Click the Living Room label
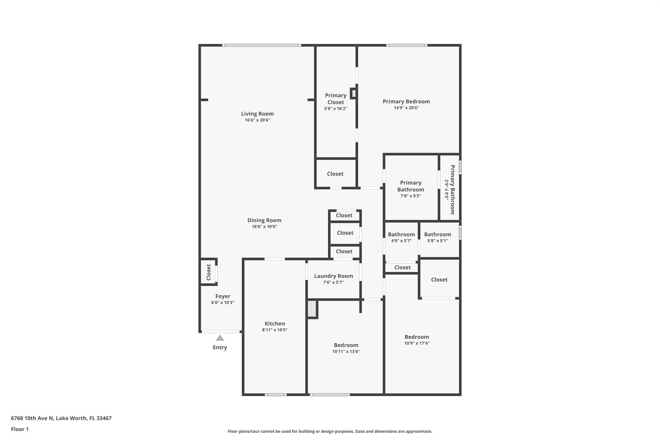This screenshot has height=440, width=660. point(257,114)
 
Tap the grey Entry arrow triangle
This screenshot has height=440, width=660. point(220,338)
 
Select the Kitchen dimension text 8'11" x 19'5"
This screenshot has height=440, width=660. point(275,330)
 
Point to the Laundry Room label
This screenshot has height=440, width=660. point(333,276)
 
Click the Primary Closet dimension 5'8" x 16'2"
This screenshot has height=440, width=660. point(335,109)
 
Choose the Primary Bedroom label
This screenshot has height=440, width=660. point(406,102)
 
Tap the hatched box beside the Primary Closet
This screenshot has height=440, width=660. point(354,93)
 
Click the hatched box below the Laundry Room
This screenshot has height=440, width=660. point(312,309)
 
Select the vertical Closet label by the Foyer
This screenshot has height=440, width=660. point(209,272)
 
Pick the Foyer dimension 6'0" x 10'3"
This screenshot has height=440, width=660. point(223,302)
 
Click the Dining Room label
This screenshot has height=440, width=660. point(264,220)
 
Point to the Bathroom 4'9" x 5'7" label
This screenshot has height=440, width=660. point(401,235)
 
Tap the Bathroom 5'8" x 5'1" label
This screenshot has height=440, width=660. point(437,235)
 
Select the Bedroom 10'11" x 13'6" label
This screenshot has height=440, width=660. point(346,345)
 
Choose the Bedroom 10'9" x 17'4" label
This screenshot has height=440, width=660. point(417,337)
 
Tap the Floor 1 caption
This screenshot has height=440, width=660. point(20,429)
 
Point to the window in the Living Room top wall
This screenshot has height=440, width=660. point(261,45)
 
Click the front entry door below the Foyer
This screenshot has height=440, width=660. point(221,331)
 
